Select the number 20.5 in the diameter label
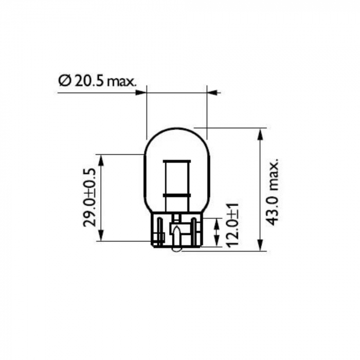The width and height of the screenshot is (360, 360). click(88, 81)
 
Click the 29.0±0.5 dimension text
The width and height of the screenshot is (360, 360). click(90, 197)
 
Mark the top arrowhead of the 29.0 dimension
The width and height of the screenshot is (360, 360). click(101, 159)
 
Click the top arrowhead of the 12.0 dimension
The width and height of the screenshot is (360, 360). click(217, 222)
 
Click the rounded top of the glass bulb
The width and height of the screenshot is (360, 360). click(176, 129)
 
